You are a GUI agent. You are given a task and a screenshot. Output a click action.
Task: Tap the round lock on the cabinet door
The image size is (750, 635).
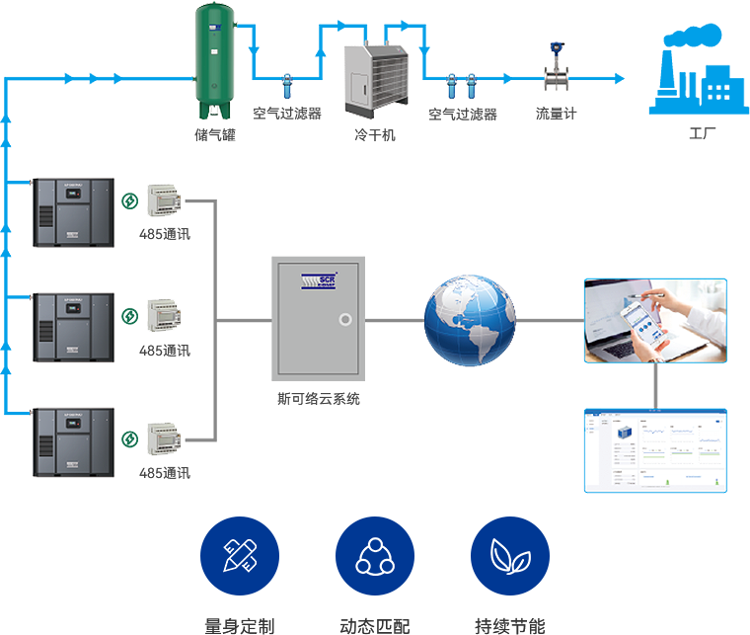(344, 320)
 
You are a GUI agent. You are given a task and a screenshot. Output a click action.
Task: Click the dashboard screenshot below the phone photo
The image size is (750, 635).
(655, 450)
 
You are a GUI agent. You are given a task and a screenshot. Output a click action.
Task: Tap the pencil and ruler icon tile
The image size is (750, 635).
(239, 556)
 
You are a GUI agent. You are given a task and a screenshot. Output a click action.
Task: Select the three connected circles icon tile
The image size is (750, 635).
(374, 556)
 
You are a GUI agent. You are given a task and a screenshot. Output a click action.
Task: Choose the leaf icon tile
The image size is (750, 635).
(509, 556)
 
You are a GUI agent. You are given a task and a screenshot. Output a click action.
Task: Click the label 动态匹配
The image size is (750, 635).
(374, 625)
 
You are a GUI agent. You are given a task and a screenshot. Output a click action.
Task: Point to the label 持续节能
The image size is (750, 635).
(509, 625)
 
